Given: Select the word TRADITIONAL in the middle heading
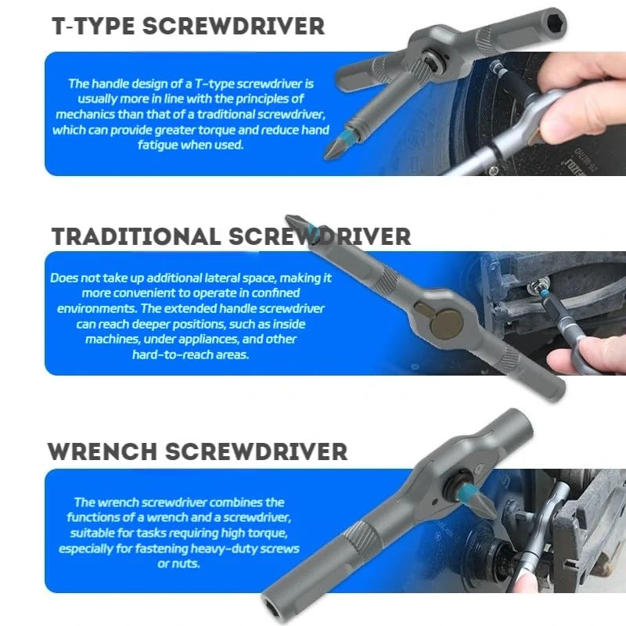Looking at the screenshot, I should click(136, 236).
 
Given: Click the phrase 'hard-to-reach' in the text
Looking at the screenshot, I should click(169, 354).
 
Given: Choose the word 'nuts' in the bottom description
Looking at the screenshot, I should click(188, 564).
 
